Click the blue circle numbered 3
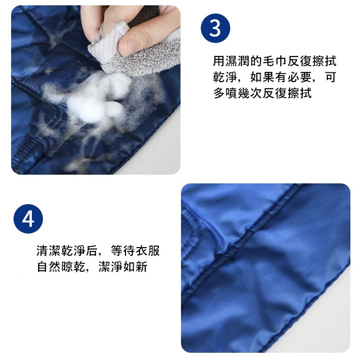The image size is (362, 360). coord(215,28)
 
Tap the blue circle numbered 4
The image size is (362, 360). coord(28,219)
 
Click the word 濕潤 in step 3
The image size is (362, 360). coord(237,61)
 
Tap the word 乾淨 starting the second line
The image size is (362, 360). coord(225,77)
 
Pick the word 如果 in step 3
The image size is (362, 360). coord(262,77)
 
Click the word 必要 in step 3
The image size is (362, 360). coord(299,77)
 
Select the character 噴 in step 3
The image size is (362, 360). coord(231,93)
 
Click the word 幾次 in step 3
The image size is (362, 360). coord(250,93)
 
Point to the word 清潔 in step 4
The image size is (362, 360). coord(48,251)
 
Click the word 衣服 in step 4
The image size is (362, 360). coord(147,251)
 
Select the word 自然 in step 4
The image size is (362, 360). coord(48,267)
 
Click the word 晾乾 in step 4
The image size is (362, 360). coord(73,267)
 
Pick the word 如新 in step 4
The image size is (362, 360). coord(135,267)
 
